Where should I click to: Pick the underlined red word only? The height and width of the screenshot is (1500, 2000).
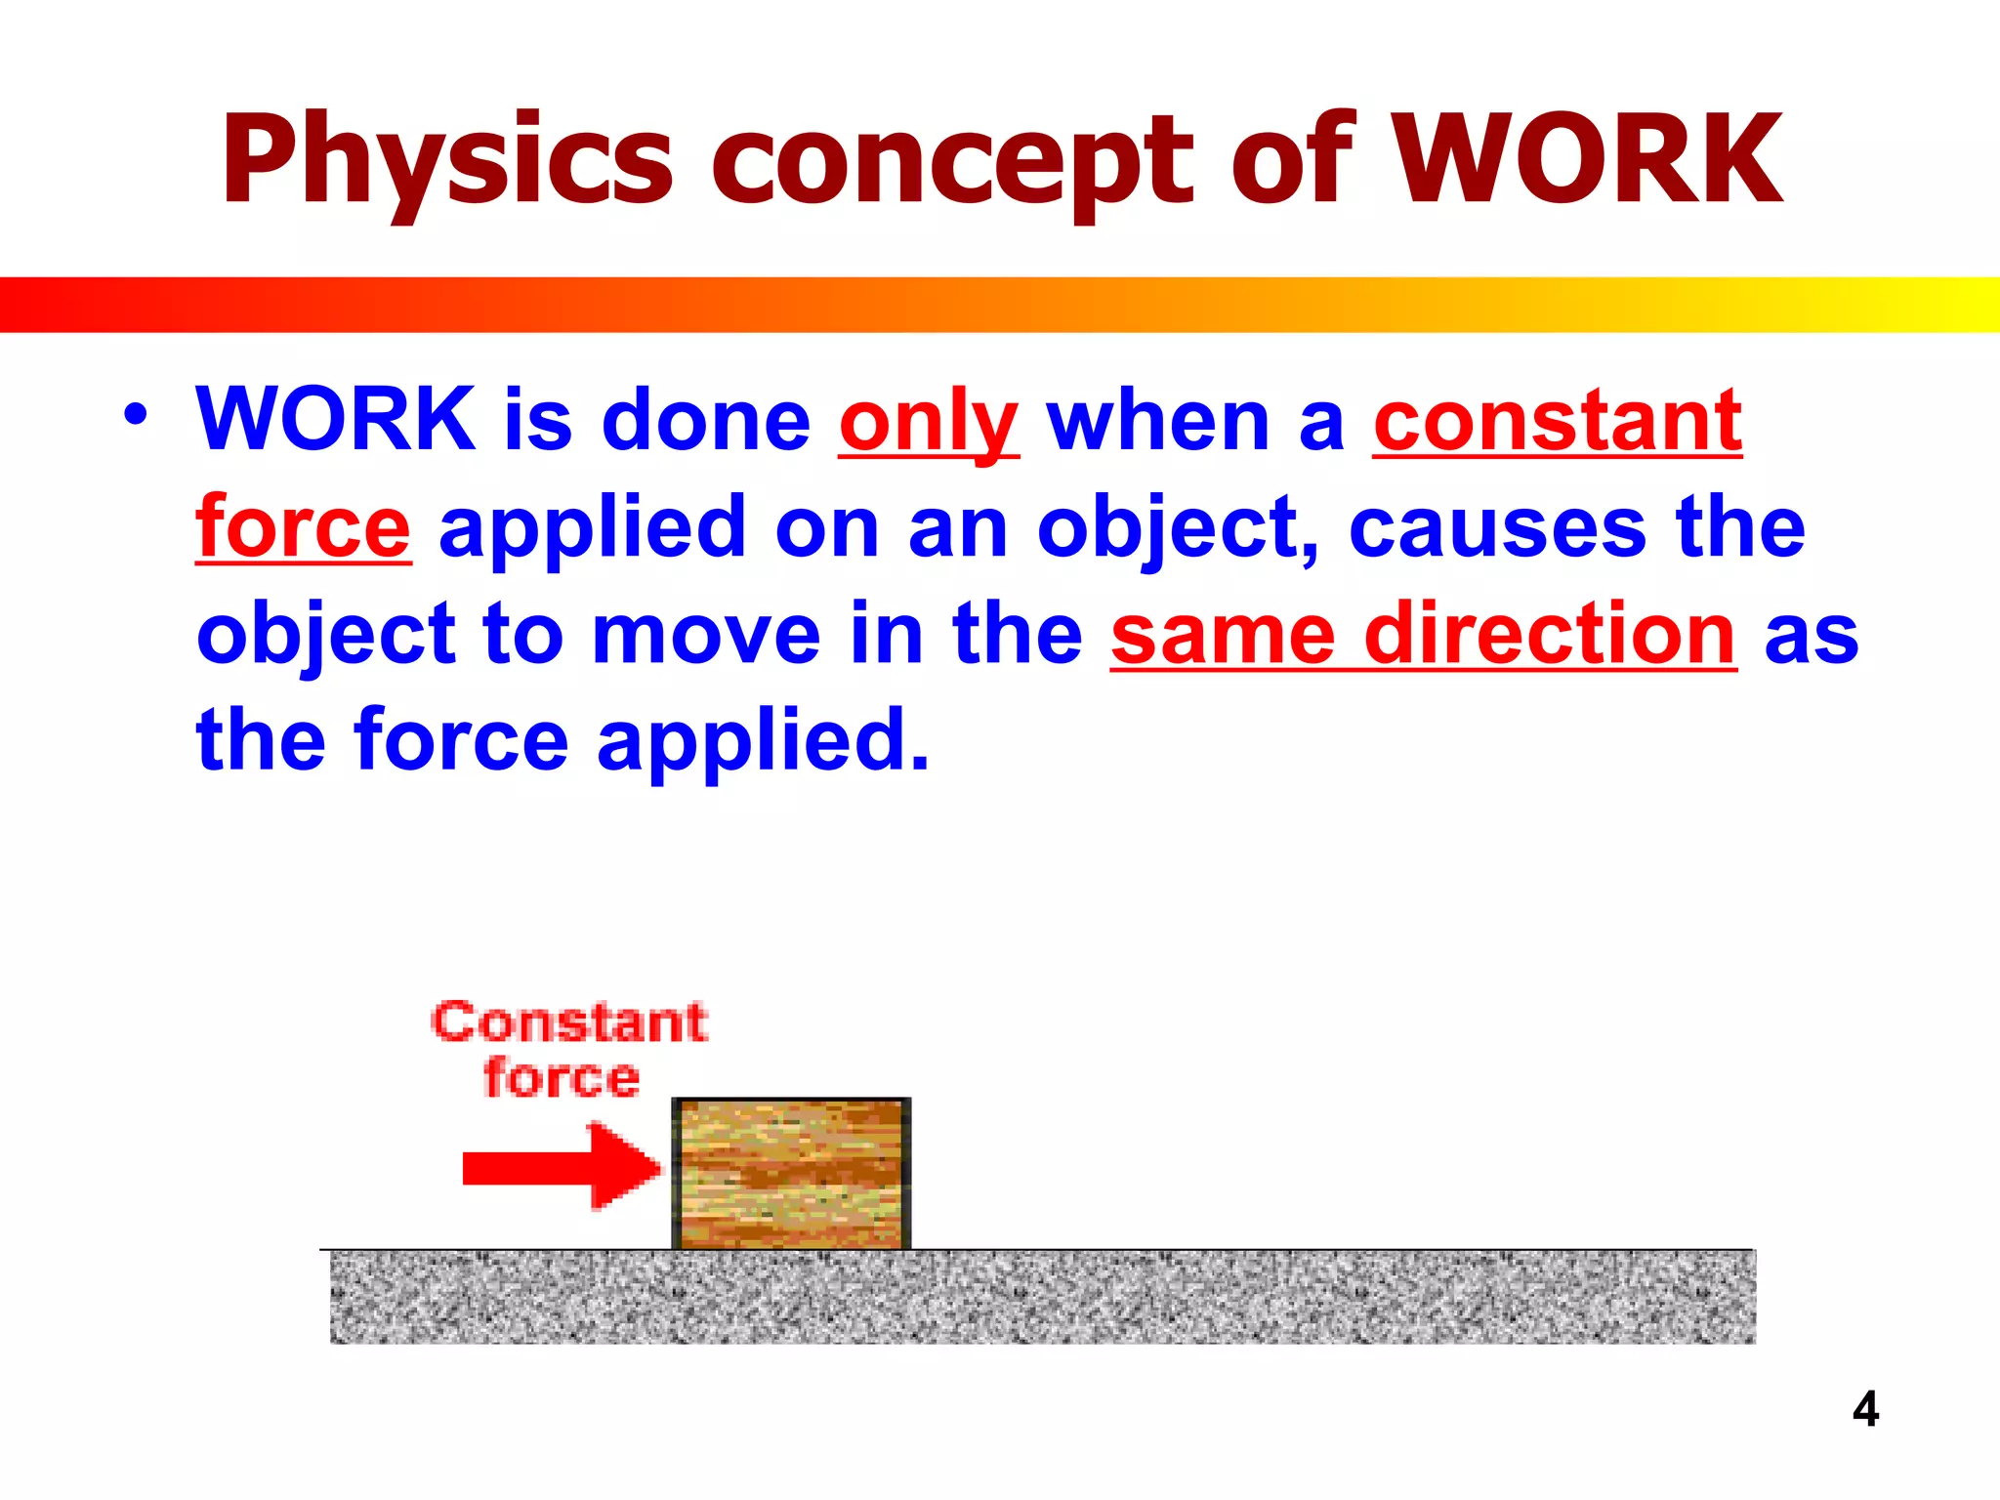point(928,422)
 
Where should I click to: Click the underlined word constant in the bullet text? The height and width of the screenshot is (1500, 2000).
point(1557,422)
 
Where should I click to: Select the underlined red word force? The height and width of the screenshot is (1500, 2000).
point(303,527)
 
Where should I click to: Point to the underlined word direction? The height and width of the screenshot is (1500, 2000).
point(1550,635)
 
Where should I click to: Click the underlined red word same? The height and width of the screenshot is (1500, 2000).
point(1223,635)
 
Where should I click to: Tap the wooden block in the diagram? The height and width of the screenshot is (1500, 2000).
point(791,1174)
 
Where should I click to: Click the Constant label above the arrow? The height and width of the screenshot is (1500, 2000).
point(569,1022)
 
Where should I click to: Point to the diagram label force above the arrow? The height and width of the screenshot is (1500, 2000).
point(562,1078)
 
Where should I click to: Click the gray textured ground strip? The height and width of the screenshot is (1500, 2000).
point(1042,1297)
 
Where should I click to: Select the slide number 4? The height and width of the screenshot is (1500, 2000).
point(1865,1409)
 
